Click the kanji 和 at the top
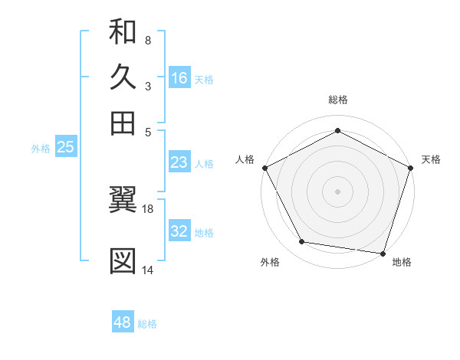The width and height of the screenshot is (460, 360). click(x=123, y=32)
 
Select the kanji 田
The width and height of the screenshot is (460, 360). click(x=123, y=123)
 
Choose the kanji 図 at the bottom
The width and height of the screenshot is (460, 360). click(x=123, y=261)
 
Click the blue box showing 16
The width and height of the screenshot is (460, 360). click(x=179, y=78)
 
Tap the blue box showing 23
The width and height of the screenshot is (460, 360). click(x=179, y=162)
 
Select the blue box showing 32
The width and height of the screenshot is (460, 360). click(x=179, y=231)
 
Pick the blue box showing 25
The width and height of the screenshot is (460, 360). click(x=65, y=148)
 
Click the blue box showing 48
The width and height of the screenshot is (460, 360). click(x=122, y=323)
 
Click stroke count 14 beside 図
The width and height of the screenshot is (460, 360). click(x=147, y=269)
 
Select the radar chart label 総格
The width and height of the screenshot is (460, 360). click(x=338, y=100)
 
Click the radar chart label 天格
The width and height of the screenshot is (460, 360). click(x=431, y=159)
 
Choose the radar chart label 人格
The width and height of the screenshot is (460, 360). click(x=245, y=159)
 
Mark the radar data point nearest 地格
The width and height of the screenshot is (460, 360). click(x=383, y=253)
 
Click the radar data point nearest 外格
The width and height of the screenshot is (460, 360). click(x=302, y=242)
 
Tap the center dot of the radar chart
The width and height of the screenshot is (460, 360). click(x=338, y=191)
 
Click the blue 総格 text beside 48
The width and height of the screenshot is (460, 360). click(x=147, y=324)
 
